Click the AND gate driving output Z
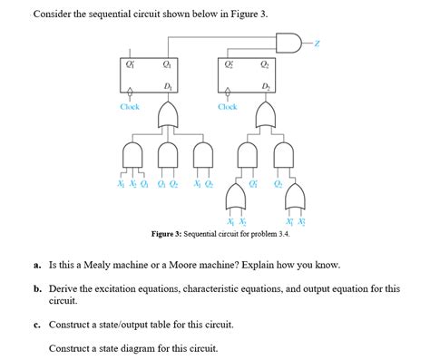288,43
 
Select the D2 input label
265,86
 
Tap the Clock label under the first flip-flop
130,107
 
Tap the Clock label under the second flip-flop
227,107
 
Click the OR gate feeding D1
169,113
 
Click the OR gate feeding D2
265,113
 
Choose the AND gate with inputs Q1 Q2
168,155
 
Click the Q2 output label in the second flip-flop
265,63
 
